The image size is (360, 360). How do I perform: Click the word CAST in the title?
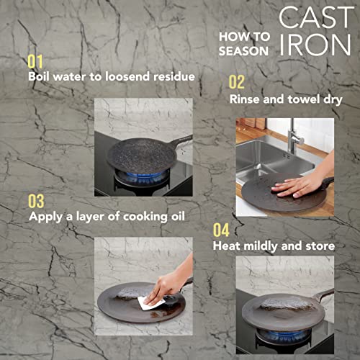[x=316, y=17]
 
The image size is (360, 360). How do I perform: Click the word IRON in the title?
[x=315, y=45]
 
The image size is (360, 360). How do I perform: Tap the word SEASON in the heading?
[x=243, y=51]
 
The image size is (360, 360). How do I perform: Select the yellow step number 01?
[x=35, y=62]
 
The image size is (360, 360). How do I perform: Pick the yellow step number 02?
[x=237, y=82]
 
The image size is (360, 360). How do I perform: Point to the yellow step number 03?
[x=36, y=201]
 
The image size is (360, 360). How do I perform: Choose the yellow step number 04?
[x=221, y=230]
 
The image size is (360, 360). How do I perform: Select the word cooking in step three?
[x=145, y=217]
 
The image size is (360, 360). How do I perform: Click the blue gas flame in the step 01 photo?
[x=143, y=176]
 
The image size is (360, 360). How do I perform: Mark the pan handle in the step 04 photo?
[x=323, y=295]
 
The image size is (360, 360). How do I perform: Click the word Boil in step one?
[x=39, y=76]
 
